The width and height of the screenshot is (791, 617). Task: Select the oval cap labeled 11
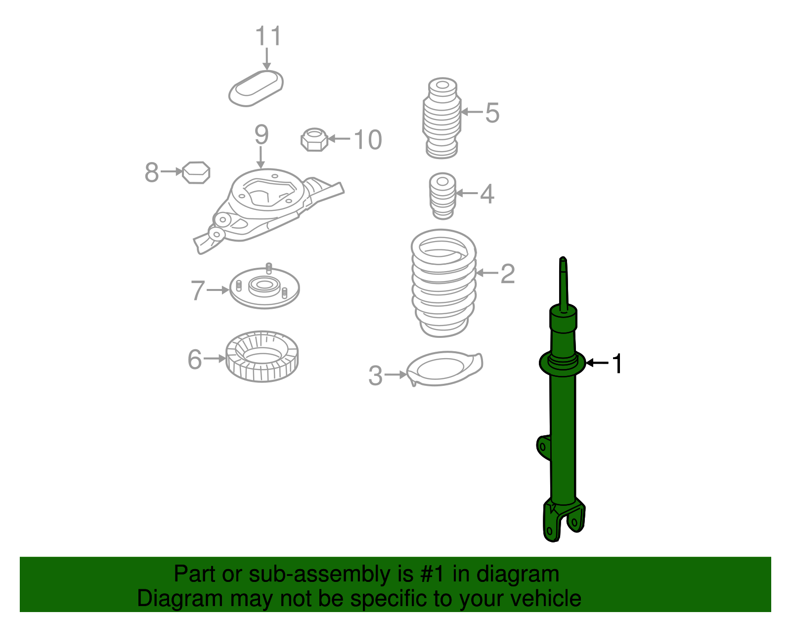(x=256, y=88)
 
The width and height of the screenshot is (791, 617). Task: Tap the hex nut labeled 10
(x=314, y=140)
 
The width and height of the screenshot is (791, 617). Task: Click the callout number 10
(x=368, y=140)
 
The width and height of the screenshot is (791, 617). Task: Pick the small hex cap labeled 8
(x=196, y=173)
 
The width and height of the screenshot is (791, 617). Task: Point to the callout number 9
(x=262, y=134)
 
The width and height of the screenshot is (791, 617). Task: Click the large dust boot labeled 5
(x=442, y=118)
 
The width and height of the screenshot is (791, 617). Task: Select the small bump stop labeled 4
(x=442, y=196)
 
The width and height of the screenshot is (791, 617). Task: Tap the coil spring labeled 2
(x=443, y=283)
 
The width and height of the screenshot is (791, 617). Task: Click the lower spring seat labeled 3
(x=444, y=369)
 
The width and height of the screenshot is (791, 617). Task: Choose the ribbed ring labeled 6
(x=262, y=356)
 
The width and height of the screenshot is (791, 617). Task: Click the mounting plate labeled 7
(x=264, y=287)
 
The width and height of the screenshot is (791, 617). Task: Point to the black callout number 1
(x=617, y=363)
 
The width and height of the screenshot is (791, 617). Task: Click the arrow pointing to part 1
(x=597, y=363)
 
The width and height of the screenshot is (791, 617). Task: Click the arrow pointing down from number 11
(x=267, y=59)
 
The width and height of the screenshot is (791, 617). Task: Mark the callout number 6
(x=195, y=359)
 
